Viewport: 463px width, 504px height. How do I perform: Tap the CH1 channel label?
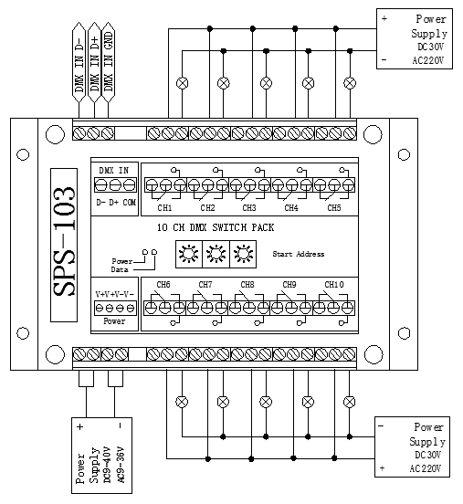click(x=164, y=208)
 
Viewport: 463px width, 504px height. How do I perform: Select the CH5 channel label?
click(x=334, y=207)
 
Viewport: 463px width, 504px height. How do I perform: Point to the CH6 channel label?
click(x=163, y=285)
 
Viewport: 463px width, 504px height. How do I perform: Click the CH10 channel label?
click(x=334, y=285)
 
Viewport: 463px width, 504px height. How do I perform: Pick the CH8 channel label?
click(x=247, y=285)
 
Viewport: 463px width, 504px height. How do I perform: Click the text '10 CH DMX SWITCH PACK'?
click(x=216, y=227)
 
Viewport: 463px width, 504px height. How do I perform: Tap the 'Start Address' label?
click(x=299, y=254)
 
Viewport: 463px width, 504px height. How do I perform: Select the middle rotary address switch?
click(x=216, y=254)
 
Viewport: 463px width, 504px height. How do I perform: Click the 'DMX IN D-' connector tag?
click(x=79, y=62)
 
